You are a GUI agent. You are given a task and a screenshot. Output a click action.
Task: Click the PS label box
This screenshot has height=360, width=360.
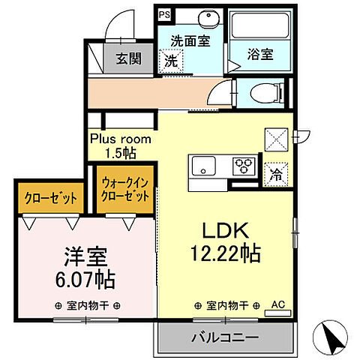click(x=163, y=13)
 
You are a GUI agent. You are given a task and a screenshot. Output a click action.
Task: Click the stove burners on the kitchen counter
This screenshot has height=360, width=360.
click(x=244, y=164)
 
